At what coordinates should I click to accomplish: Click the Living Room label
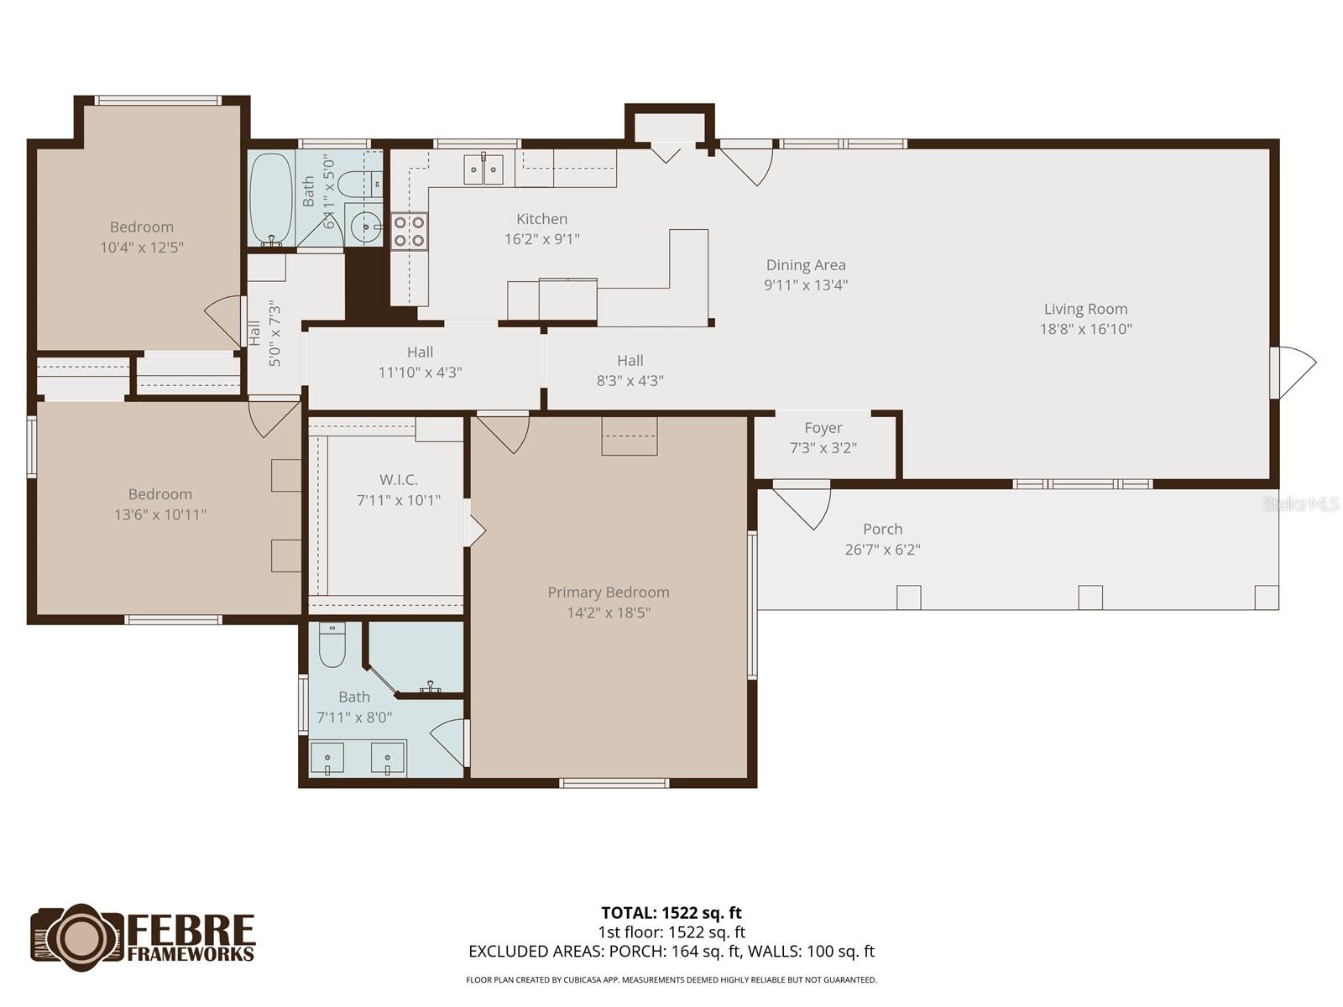(x=1085, y=309)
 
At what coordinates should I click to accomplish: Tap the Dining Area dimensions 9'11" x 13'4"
(x=806, y=285)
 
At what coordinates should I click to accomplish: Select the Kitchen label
(x=541, y=219)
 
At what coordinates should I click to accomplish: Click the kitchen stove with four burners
(x=409, y=231)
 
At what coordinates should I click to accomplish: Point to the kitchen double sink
(x=483, y=170)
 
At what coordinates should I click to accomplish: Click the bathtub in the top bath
(x=270, y=199)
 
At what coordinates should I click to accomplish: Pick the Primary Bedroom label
(x=609, y=592)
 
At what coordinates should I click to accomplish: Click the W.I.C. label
(x=399, y=480)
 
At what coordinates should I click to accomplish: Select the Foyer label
(x=823, y=428)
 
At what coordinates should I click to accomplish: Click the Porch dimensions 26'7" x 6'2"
(x=882, y=550)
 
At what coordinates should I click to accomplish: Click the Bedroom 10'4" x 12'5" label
(x=142, y=227)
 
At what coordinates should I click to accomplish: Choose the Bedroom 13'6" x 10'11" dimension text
(x=160, y=514)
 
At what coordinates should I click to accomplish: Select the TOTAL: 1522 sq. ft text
(x=671, y=913)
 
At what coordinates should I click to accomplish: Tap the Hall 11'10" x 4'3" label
(x=420, y=352)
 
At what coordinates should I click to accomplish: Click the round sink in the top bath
(x=365, y=225)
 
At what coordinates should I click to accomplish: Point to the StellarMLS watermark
(x=1301, y=503)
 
